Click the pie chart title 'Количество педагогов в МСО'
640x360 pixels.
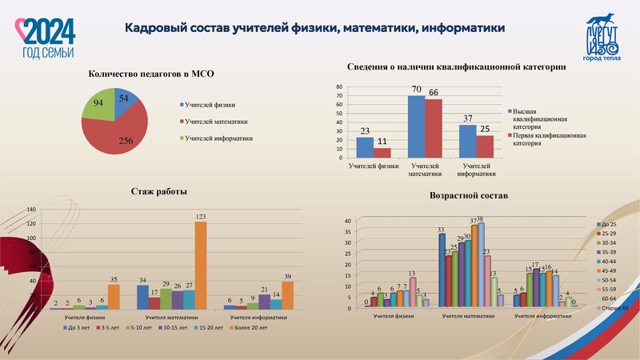141,74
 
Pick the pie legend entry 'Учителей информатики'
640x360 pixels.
218,138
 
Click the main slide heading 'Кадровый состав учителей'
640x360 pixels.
314,28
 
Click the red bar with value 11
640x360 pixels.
382,152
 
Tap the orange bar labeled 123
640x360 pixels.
201,265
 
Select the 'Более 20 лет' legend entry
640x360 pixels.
250,328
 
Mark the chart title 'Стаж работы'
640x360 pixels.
158,191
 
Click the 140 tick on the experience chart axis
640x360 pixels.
32,210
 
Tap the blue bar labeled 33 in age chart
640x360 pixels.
441,271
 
